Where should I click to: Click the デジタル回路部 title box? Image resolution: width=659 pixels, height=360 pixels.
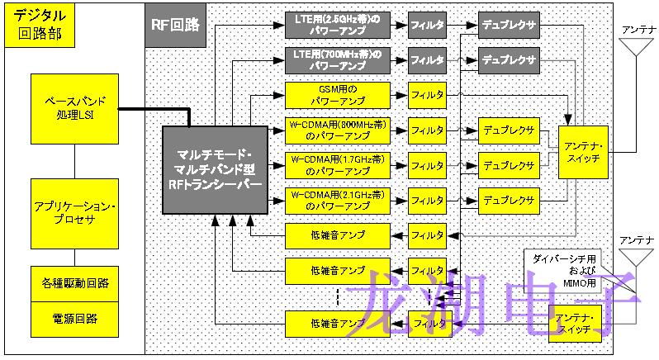click(x=37, y=26)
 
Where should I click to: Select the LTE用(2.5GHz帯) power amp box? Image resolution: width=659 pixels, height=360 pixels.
click(x=336, y=26)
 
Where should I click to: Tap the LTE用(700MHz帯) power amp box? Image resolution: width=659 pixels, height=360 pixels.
click(x=336, y=59)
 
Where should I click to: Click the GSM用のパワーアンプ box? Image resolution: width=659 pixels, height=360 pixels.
click(x=336, y=94)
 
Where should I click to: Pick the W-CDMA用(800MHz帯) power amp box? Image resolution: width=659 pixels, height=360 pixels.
click(x=336, y=130)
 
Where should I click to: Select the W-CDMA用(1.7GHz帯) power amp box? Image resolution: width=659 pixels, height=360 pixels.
click(x=336, y=164)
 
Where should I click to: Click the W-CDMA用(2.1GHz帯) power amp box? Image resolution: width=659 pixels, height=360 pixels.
click(x=336, y=199)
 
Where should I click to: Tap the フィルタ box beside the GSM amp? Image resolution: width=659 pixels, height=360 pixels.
click(x=427, y=95)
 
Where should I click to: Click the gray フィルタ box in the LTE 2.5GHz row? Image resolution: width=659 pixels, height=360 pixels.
click(x=427, y=26)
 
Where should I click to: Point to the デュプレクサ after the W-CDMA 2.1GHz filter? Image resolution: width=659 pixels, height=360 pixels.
click(x=508, y=199)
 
